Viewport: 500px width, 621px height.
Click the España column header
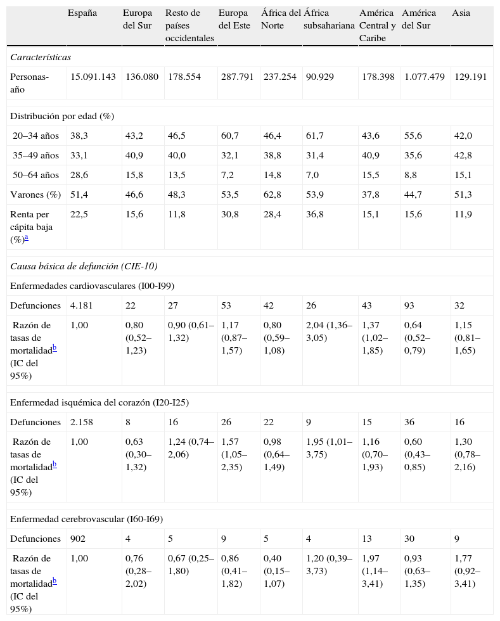(82, 13)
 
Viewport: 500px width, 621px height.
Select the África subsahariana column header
(329, 20)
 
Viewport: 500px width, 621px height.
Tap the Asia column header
(461, 13)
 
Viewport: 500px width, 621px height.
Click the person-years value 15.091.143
(93, 77)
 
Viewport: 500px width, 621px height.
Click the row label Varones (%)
(35, 194)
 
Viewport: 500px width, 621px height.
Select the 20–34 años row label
(36, 136)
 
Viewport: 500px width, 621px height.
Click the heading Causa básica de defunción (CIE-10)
(84, 266)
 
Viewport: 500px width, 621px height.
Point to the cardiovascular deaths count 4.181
(82, 305)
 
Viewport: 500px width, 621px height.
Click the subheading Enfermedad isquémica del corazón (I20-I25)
(99, 402)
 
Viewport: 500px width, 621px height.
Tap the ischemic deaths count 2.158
(82, 422)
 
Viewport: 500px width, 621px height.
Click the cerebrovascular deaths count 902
(79, 539)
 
